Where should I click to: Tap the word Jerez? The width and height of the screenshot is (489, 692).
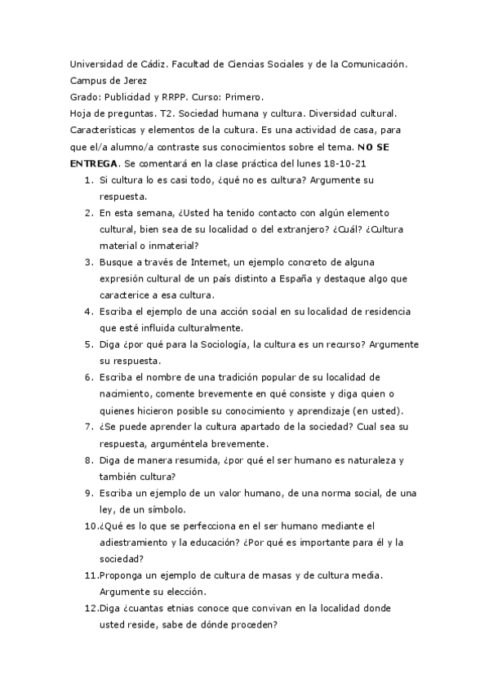point(135,81)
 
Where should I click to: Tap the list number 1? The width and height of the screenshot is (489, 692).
point(89,180)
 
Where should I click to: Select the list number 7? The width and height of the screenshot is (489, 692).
point(89,427)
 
